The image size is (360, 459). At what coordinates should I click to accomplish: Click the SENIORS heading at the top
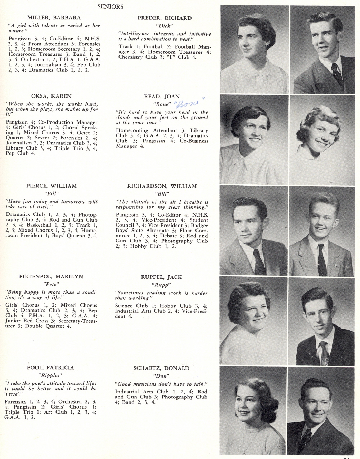tap(111, 6)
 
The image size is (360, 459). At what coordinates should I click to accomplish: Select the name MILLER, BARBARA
tap(54, 18)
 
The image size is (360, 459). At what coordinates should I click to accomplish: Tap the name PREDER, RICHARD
tap(165, 18)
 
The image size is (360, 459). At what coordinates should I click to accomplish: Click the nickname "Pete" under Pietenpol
tap(51, 284)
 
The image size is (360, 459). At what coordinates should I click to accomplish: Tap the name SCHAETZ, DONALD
tap(161, 368)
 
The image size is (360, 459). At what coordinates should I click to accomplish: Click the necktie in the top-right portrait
tap(336, 74)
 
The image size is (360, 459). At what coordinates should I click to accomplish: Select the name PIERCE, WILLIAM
tap(51, 186)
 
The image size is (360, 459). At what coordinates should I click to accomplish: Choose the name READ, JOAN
tap(162, 96)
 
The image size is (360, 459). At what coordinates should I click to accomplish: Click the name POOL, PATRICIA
tap(50, 367)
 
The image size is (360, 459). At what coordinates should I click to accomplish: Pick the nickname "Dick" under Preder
tap(164, 26)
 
